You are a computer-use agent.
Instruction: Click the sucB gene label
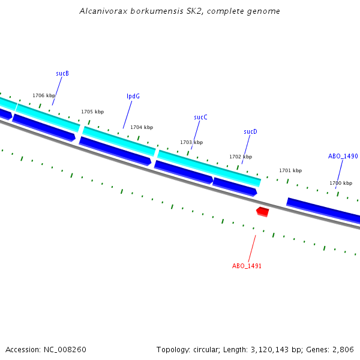62,73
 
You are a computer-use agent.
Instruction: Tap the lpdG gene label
133,96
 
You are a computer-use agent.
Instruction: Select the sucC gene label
200,117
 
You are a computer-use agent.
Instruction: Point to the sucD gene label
250,131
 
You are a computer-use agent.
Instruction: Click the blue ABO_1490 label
343,156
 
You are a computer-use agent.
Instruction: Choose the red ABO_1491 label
247,266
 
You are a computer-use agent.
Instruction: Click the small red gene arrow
262,211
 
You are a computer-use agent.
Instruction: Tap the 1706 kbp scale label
44,95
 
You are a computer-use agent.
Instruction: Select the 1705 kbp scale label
92,112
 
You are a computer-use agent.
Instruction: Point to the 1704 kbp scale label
142,127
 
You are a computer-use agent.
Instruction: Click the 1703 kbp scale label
191,142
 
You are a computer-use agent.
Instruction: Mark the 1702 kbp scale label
241,157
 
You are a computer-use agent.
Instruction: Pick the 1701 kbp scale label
290,170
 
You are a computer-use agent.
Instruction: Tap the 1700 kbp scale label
340,183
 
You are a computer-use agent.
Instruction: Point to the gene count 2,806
343,349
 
